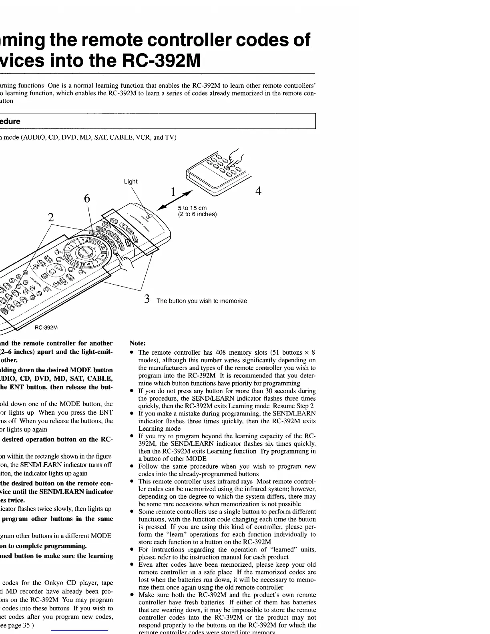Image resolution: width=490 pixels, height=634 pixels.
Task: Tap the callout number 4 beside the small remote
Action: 258,191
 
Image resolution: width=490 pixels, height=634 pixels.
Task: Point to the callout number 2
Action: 51,218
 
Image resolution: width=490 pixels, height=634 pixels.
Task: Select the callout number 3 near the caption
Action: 147,299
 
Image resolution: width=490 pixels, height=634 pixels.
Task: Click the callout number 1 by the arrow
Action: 173,192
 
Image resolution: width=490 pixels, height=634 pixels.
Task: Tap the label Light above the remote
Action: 131,181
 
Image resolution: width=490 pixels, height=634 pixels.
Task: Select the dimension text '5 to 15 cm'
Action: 192,208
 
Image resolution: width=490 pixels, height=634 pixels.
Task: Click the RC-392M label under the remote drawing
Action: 46,328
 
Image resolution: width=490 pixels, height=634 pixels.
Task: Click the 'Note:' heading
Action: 138,343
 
